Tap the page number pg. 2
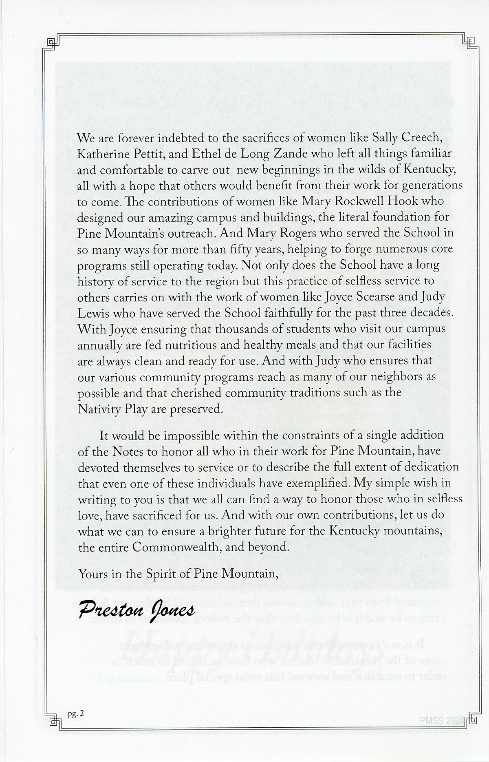pyautogui.click(x=76, y=713)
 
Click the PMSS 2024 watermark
pyautogui.click(x=442, y=722)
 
